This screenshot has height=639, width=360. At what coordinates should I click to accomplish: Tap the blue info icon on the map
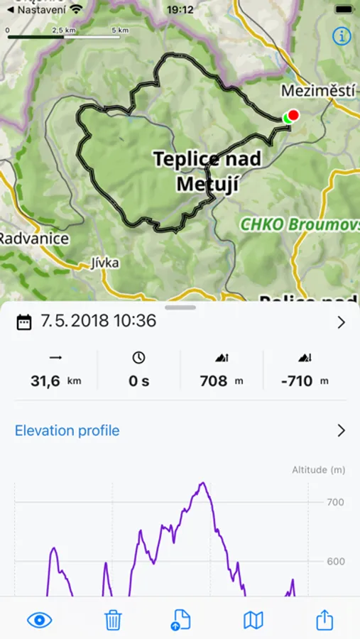tap(342, 36)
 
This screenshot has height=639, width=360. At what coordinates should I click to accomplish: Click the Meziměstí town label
tap(318, 91)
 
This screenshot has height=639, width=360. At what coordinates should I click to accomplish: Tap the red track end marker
tap(293, 115)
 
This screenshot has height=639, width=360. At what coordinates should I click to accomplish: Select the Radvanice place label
tap(34, 238)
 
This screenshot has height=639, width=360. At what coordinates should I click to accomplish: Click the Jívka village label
tap(105, 263)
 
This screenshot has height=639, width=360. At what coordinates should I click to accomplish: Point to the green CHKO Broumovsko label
tap(298, 224)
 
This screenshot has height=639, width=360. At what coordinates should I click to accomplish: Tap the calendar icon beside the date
tap(24, 322)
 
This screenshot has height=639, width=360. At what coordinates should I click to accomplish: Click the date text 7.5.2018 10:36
tap(98, 321)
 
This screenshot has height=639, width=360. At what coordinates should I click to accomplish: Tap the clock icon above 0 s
tap(138, 358)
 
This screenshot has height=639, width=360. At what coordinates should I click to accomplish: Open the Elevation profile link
tap(67, 430)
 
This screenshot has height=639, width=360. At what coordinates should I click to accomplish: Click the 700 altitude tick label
tap(335, 502)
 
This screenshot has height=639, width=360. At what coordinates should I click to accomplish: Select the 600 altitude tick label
tap(335, 562)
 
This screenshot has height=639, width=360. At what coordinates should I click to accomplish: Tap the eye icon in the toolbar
tap(40, 620)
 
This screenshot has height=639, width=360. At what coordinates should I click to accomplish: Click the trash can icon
tap(113, 620)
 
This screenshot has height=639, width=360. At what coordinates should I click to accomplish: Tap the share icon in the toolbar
tap(324, 620)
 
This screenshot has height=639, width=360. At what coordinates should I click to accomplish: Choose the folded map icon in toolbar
tap(253, 620)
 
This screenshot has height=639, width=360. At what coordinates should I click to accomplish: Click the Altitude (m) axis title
tap(319, 470)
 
